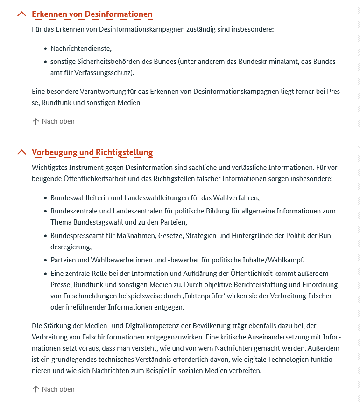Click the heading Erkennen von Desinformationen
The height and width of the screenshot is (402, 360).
(92, 14)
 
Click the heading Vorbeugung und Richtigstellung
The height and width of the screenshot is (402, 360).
(92, 152)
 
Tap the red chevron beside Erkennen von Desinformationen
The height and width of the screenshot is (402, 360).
(21, 14)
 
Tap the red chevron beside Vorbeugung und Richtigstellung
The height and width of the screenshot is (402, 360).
(21, 152)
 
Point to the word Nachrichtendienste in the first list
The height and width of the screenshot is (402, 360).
(80, 48)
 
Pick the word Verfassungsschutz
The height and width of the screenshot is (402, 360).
(110, 72)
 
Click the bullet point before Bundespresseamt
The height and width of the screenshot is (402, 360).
(45, 236)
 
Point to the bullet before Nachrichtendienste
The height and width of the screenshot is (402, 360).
(45, 49)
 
